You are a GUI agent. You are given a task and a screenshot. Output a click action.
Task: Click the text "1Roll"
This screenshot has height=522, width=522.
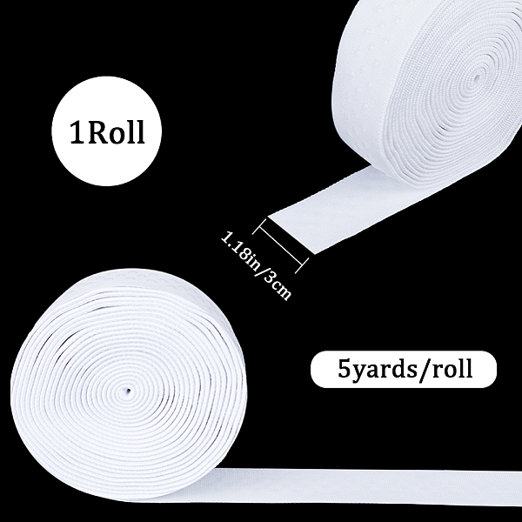[x=107, y=131]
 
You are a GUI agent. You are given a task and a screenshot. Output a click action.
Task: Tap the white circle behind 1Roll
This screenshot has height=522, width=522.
[x=106, y=130]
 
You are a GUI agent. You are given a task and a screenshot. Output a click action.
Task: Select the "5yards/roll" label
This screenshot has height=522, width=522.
[x=404, y=369]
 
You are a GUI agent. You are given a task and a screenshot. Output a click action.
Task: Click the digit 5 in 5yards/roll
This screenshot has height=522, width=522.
[x=345, y=368]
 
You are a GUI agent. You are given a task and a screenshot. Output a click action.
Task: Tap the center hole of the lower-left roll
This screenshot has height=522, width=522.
[x=128, y=391]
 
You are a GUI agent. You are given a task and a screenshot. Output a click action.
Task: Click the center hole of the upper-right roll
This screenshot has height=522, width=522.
[x=477, y=78]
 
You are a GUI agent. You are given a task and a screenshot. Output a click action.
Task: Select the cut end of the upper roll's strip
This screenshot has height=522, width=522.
[x=291, y=234]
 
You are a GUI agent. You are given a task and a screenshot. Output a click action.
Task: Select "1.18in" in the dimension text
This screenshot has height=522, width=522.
[x=238, y=248]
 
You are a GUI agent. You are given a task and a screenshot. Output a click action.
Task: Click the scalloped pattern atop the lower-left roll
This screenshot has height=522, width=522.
[x=133, y=278]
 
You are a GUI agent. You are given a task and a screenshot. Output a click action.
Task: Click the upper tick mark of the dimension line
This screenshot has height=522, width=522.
[x=260, y=226]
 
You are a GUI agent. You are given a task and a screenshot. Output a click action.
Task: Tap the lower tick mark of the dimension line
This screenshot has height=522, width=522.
[x=302, y=265]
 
